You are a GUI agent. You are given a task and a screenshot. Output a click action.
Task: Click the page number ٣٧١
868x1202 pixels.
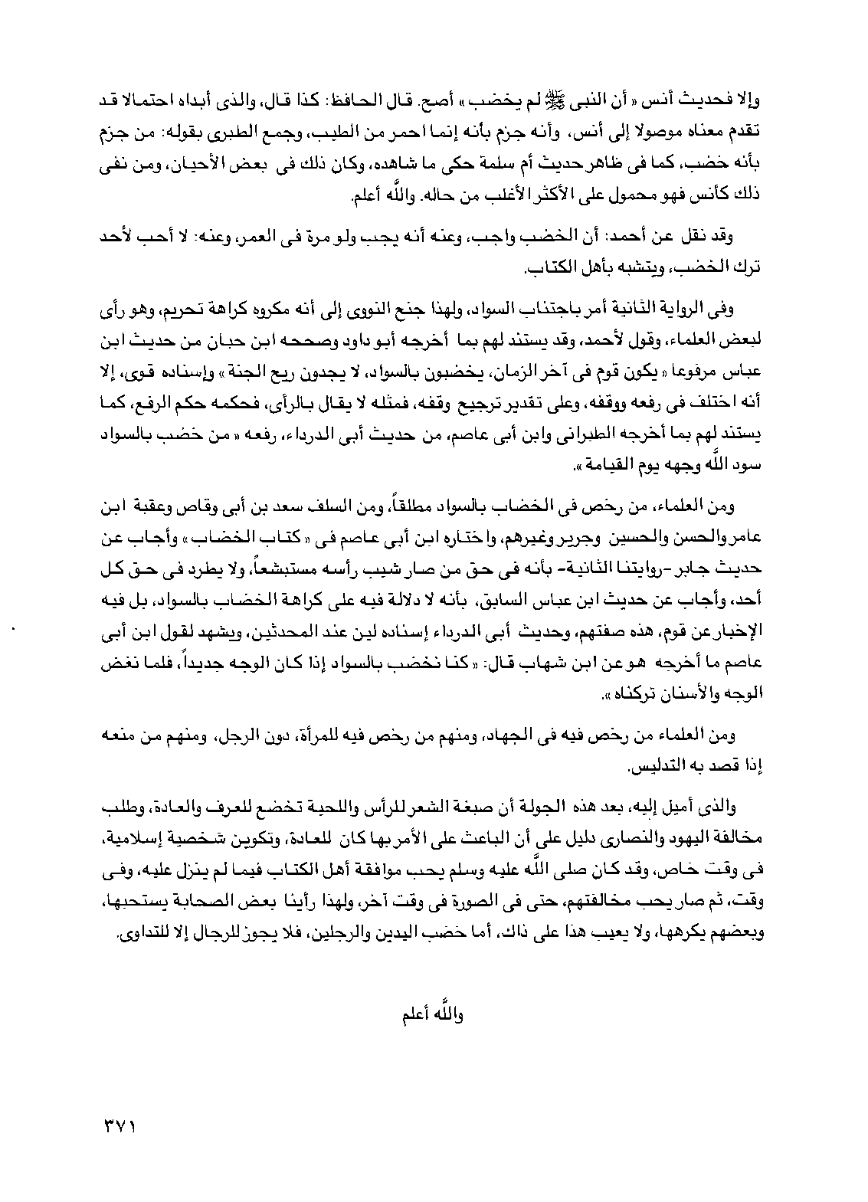(117, 1126)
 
